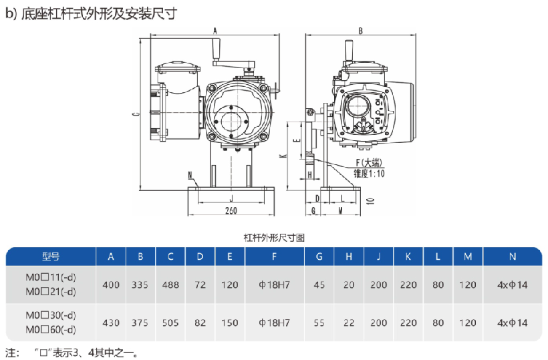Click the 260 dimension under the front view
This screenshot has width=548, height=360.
(x=231, y=210)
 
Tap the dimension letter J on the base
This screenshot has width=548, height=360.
(x=231, y=198)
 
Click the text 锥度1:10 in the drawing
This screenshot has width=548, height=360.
(x=369, y=172)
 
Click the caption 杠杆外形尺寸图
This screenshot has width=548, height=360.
(x=274, y=237)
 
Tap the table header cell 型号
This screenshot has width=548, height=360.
(x=51, y=256)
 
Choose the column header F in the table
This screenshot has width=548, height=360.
(x=274, y=256)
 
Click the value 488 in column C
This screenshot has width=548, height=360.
(x=170, y=285)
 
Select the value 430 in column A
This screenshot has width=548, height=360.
(x=111, y=323)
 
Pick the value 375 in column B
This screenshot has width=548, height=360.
(x=140, y=323)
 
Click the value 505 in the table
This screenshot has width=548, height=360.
(x=170, y=323)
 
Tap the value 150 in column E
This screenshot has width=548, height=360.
(x=229, y=323)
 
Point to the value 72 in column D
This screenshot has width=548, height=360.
(x=200, y=285)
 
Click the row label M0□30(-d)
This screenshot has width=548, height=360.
(x=51, y=316)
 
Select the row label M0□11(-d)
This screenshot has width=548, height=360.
(x=51, y=278)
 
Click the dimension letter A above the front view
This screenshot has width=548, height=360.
(x=215, y=31)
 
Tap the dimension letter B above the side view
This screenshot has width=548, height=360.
(x=360, y=31)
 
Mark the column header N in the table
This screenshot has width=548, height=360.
(x=512, y=256)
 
